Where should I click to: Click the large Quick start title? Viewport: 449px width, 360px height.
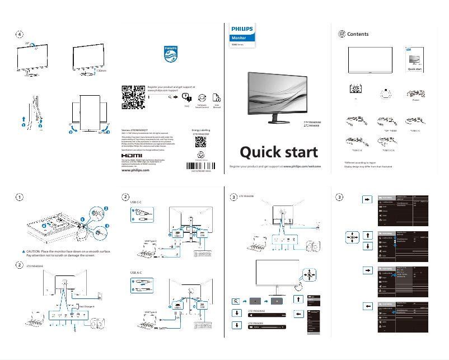click(279, 152)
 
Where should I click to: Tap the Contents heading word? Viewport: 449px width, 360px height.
click(358, 34)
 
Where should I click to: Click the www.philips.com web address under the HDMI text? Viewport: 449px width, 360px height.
click(135, 170)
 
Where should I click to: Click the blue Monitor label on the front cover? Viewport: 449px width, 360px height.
click(239, 38)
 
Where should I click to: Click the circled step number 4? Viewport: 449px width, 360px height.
click(19, 34)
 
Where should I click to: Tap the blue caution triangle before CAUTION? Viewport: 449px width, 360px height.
click(24, 251)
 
